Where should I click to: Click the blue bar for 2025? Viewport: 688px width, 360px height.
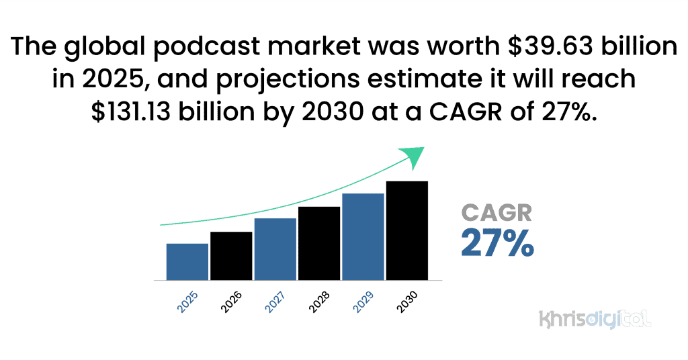187,261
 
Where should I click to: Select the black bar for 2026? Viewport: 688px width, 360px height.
231,255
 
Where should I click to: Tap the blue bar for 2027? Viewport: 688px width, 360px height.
275,249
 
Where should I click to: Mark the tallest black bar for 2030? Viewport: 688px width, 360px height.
407,230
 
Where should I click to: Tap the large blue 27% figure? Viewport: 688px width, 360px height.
497,243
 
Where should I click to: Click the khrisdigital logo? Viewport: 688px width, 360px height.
595,318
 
